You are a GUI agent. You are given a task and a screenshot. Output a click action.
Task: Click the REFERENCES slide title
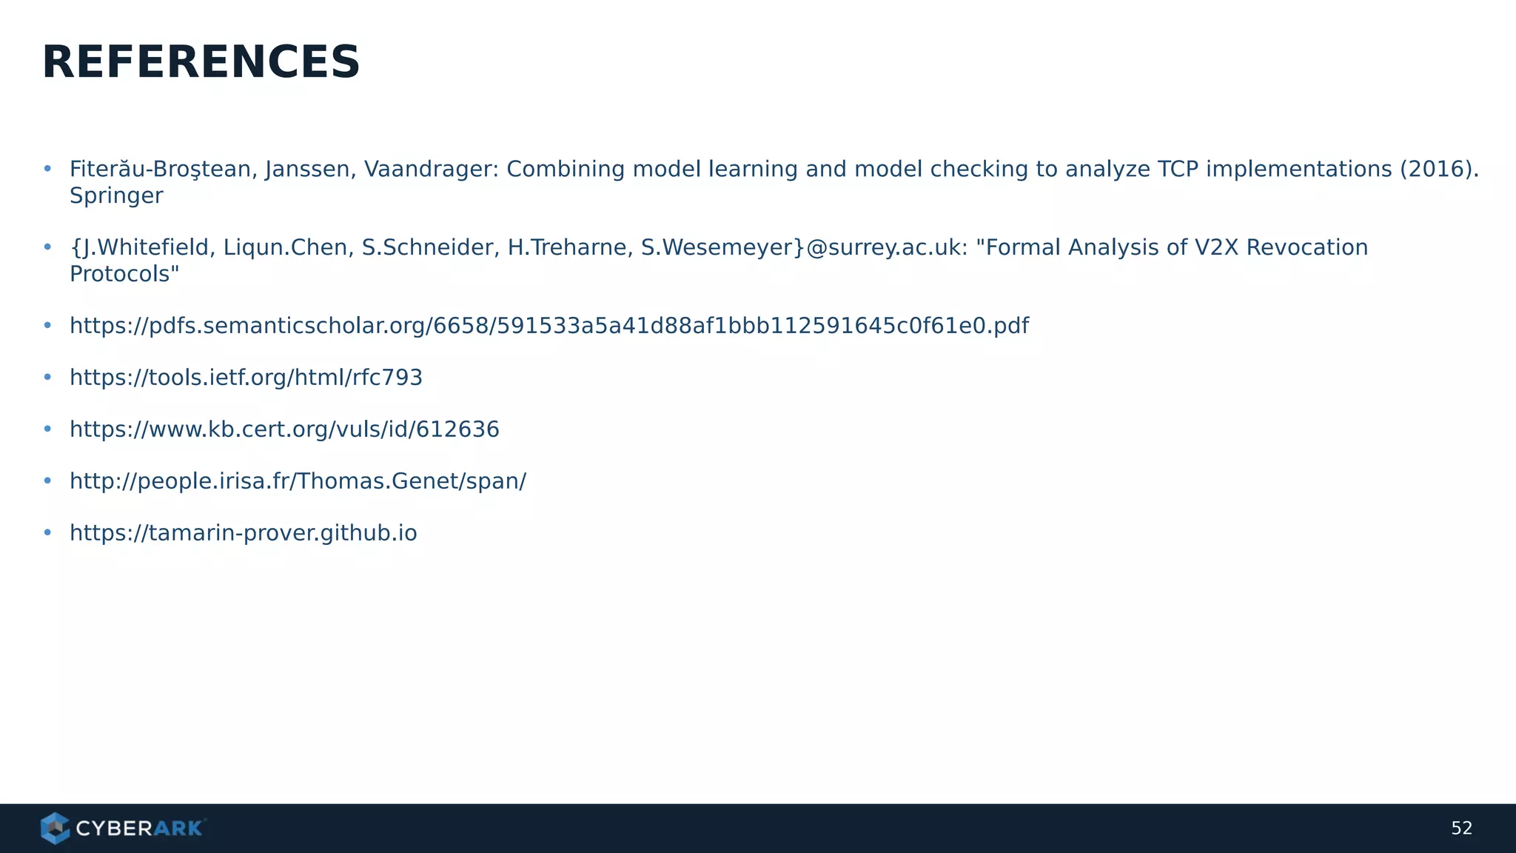tap(201, 62)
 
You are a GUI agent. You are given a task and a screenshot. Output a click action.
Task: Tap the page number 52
tap(1461, 829)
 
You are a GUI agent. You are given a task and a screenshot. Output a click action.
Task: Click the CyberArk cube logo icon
tap(55, 828)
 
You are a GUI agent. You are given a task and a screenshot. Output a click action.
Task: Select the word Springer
tap(116, 196)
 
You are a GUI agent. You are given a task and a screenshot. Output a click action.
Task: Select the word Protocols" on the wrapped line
tap(124, 274)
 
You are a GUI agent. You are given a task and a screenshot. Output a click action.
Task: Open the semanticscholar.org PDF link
tap(549, 326)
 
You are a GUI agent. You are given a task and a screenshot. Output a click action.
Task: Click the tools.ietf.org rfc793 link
tap(246, 378)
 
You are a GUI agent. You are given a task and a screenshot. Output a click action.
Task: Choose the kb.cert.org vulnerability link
tap(284, 429)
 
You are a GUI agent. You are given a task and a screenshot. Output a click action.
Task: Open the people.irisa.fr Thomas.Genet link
tap(298, 481)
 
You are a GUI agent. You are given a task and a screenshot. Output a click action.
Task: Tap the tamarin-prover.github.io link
tap(243, 533)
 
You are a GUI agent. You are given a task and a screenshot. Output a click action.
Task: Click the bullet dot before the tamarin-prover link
tap(47, 533)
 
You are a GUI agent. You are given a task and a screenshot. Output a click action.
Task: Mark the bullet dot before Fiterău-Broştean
tap(47, 170)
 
